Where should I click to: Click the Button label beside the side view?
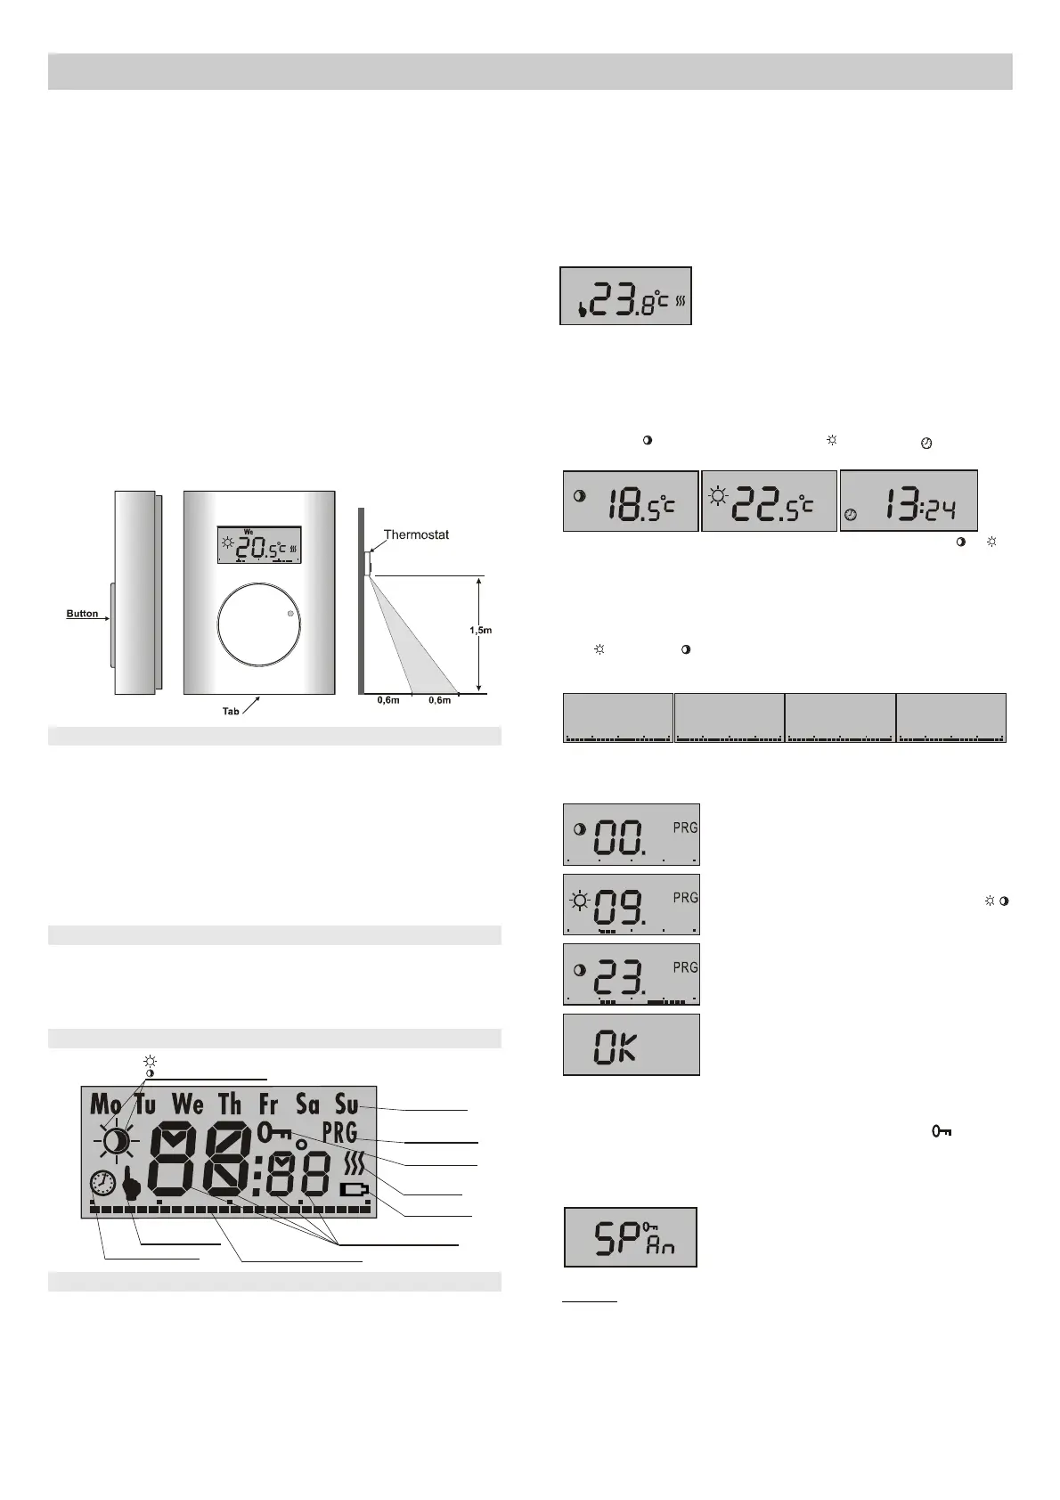[x=82, y=614]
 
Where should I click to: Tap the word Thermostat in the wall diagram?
[x=416, y=534]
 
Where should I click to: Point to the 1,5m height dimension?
[x=481, y=630]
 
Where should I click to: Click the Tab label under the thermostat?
[x=231, y=711]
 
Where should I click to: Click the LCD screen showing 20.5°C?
[x=259, y=544]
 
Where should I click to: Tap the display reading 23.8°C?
[x=625, y=296]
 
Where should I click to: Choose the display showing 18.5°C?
[x=631, y=501]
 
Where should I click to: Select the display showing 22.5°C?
[x=770, y=501]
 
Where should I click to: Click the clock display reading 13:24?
[x=909, y=501]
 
